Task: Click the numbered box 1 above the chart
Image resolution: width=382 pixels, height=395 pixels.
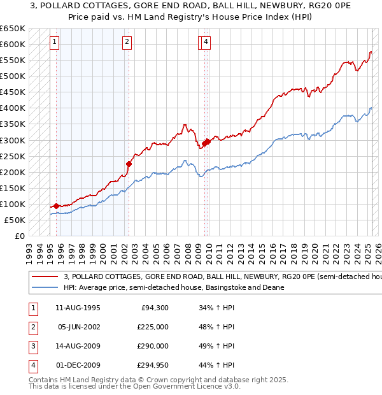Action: (55, 43)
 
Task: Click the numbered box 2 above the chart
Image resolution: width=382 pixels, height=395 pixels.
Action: (127, 43)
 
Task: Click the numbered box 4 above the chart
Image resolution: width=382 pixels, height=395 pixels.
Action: (207, 43)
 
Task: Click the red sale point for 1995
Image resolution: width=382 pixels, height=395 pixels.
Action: (56, 206)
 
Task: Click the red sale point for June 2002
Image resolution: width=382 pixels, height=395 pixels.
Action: (129, 164)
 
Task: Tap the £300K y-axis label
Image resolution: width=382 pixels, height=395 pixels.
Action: (13, 140)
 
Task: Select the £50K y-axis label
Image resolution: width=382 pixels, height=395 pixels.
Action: (15, 220)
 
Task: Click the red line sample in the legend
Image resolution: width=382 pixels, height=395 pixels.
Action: (45, 277)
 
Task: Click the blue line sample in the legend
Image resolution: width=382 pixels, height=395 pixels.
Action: (45, 288)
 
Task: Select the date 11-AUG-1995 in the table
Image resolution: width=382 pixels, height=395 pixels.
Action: (78, 308)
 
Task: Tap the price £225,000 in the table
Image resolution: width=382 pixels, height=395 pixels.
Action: (153, 327)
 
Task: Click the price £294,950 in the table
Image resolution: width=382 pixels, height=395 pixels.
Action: (153, 366)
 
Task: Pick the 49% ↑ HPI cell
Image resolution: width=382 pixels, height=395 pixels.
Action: (216, 347)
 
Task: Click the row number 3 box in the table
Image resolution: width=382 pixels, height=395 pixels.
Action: (32, 347)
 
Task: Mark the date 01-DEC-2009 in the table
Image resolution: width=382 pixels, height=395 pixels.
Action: (78, 366)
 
